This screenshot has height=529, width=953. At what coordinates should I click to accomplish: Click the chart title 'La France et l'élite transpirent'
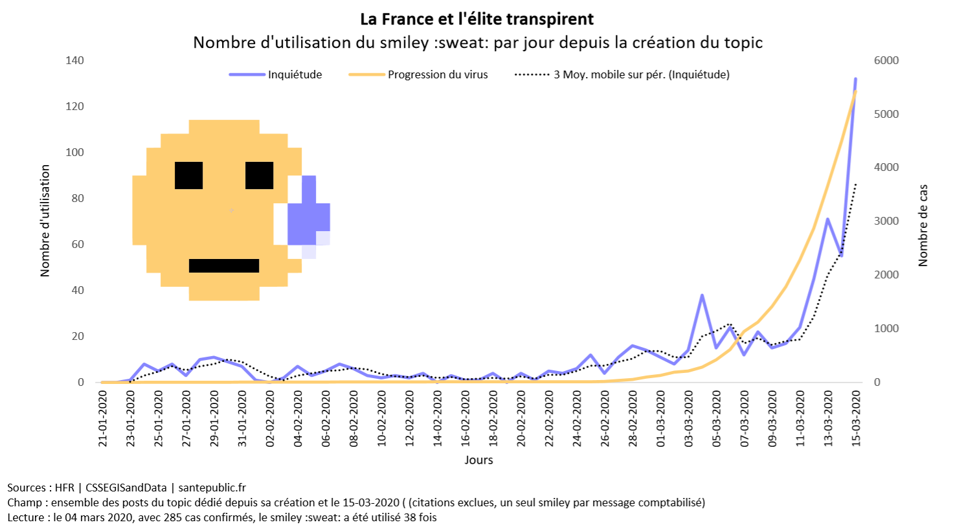pos(476,19)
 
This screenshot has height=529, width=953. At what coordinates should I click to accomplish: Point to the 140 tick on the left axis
pos(75,60)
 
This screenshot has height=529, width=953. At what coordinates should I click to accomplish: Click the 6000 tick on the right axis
pos(886,60)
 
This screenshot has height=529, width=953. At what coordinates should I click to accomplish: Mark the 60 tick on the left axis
pos(78,244)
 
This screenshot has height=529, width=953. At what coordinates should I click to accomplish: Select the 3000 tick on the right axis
pos(886,221)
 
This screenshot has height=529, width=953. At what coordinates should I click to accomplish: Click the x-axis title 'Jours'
pos(478,460)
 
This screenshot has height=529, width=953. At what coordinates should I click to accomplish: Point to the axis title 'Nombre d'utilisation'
pos(45,220)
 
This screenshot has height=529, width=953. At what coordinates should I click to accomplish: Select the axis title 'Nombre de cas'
pos(923,225)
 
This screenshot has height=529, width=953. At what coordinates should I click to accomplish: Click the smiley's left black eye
pos(189,175)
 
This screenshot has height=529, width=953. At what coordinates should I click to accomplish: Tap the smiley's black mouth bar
pos(224,265)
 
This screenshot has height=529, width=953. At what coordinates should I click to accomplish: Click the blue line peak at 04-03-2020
pos(702,295)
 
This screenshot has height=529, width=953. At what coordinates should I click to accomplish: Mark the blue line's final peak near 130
pos(855,79)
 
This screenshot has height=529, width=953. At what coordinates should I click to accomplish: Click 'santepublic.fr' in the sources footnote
pos(212,488)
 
